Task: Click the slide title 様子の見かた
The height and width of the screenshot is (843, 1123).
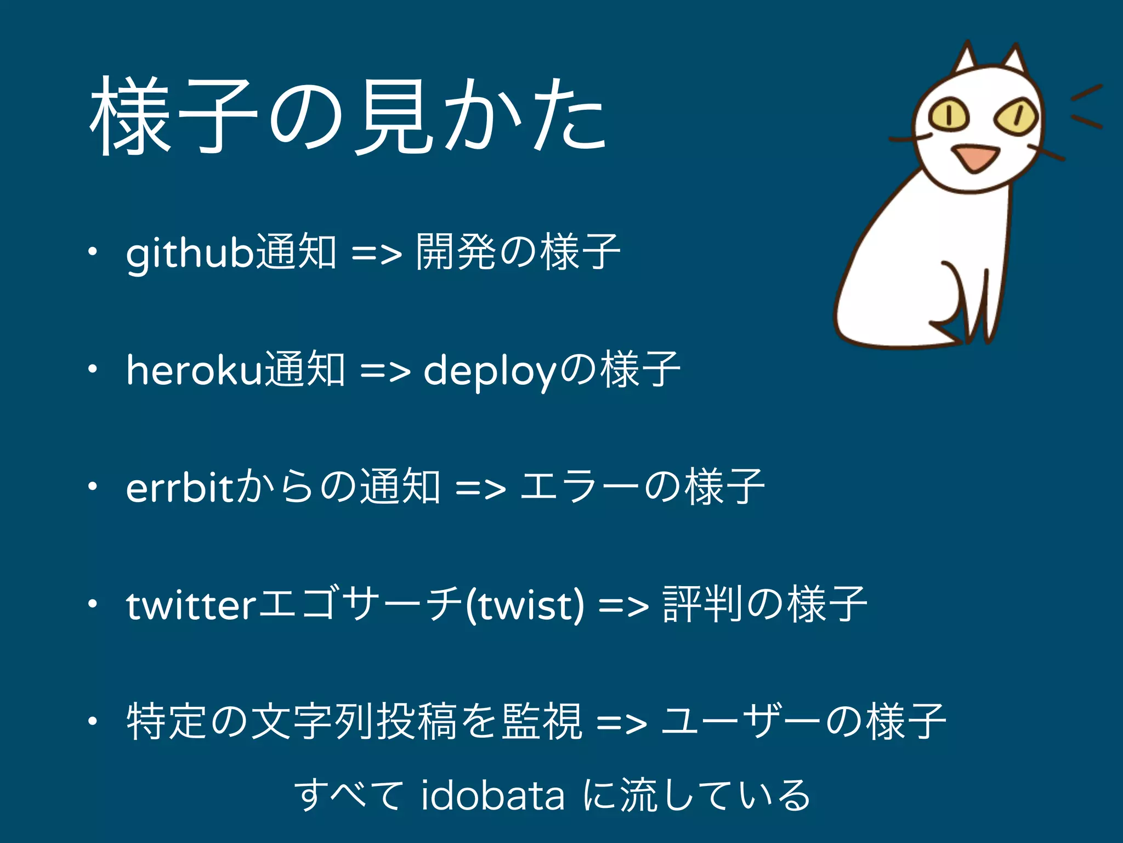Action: (x=348, y=116)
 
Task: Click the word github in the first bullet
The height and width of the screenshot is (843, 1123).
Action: (x=190, y=254)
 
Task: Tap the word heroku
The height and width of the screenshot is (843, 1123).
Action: (x=195, y=370)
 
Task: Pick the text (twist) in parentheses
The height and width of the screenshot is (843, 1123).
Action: (x=524, y=606)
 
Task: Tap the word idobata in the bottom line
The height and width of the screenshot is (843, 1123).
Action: (x=492, y=796)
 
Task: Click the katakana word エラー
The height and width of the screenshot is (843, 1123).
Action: (x=579, y=487)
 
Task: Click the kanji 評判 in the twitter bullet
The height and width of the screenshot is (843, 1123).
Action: (x=702, y=605)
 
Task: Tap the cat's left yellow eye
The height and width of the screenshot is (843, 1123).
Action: (x=949, y=114)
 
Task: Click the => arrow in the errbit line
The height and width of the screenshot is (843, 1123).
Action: (x=480, y=488)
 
